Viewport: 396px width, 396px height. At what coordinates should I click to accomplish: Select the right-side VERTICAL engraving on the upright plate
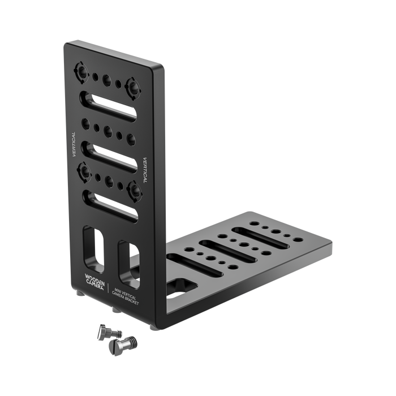145,169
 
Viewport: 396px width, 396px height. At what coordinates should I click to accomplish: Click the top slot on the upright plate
110,104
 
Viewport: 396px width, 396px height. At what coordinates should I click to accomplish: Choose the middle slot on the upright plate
110,153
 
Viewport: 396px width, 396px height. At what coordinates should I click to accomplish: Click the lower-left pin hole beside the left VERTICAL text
84,169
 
